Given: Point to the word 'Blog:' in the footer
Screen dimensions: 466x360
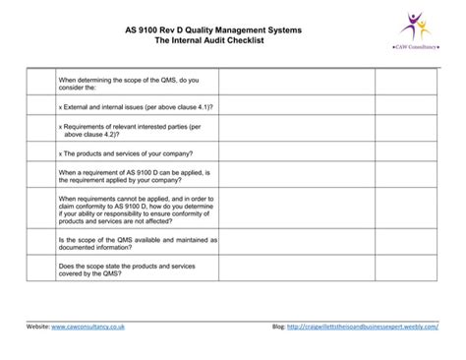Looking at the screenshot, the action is (279, 326).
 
